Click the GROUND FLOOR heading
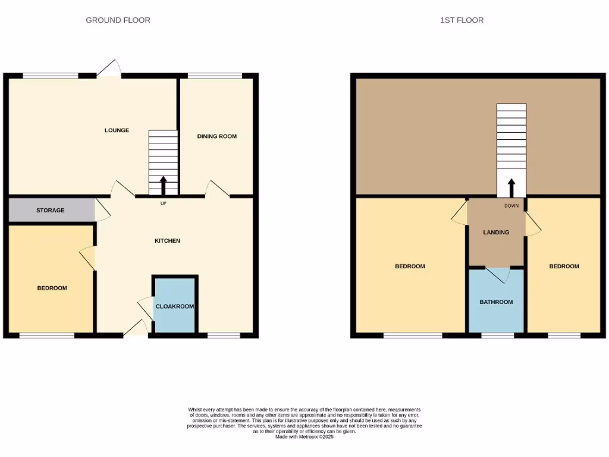pos(118,20)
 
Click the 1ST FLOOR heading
pos(462,20)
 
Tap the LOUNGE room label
pos(117,130)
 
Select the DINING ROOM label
pos(216,136)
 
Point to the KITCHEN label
pos(167,241)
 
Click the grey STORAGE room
pos(51,210)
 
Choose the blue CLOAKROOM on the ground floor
pos(174,306)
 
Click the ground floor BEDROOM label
pos(52,288)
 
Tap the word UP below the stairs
pos(163,204)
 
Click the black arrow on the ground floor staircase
pos(164,185)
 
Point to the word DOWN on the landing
pos(511,206)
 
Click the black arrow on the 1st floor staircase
pos(511,187)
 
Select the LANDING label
pos(496,232)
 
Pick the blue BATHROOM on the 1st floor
pos(496,302)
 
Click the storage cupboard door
pos(102,209)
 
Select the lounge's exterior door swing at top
pos(109,69)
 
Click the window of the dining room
pos(215,76)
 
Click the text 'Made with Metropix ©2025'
pos(304,437)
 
